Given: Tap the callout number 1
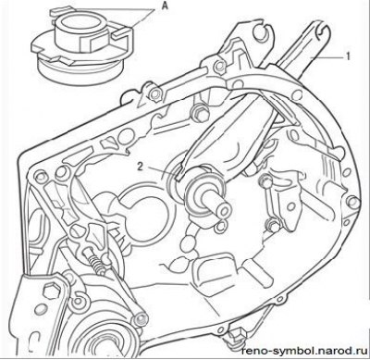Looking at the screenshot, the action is [x=348, y=56].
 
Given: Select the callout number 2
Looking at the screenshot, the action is [x=141, y=167].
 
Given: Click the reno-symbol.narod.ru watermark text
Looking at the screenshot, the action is [x=304, y=351].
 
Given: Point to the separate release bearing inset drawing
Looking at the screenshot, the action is [x=82, y=43].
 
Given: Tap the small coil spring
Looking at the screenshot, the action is [x=96, y=263].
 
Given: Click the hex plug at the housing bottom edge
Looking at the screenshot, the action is [x=237, y=335].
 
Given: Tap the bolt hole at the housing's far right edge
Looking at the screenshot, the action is [x=353, y=203].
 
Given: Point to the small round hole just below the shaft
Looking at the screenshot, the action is [x=221, y=227].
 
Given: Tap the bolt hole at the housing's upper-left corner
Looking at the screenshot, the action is [x=40, y=177].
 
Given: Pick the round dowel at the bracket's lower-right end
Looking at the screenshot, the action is [x=141, y=318].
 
